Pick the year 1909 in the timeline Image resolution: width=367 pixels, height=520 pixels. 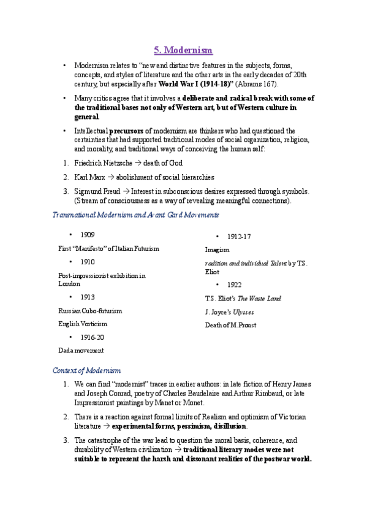point(87,235)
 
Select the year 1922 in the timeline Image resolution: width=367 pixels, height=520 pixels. point(234,285)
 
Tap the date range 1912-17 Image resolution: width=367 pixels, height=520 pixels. point(239,237)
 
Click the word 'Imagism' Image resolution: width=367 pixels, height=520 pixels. point(217,250)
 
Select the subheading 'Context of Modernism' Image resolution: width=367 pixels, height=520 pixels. point(86,371)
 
